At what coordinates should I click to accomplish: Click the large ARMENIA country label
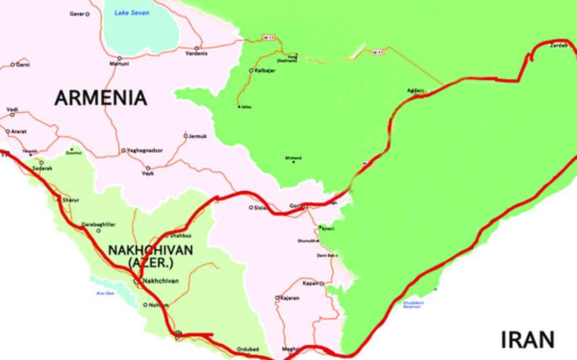(x=100, y=98)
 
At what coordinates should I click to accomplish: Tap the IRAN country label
(x=528, y=339)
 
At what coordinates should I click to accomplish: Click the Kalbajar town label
(x=267, y=71)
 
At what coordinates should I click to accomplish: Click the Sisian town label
(x=263, y=207)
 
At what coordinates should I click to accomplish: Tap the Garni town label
(x=23, y=65)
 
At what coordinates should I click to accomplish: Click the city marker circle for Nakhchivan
(x=136, y=281)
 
